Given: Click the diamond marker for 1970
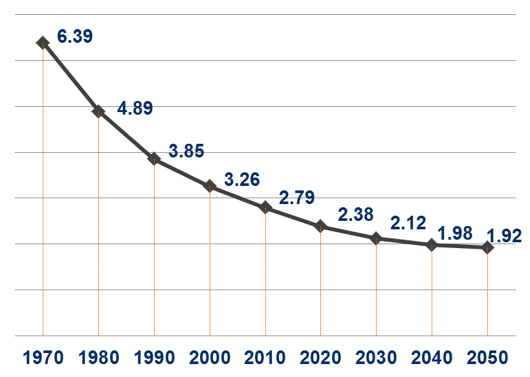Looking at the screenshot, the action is pos(43,43).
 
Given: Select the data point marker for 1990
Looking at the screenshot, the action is pos(154,159).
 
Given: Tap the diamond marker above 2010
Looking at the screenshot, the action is pos(265,207).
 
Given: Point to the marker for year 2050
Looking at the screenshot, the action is pos(487,247).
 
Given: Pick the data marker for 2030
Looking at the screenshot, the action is pos(376,238).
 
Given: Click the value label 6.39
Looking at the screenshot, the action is pos(74,36).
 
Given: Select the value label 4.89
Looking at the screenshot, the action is pos(135,108).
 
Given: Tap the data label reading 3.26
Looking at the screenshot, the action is pos(241,179).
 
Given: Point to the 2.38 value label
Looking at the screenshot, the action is pos(355,214).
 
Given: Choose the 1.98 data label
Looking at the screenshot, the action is pos(455,233).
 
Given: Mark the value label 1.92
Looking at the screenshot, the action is pos(504,236).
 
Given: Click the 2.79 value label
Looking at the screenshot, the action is pos(297,198).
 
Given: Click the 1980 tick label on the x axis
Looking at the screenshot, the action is pos(98,358).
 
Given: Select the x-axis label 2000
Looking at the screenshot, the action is pos(210,358).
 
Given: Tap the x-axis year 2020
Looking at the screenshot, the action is pos(320,358).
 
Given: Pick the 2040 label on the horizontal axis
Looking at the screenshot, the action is pos(432,358).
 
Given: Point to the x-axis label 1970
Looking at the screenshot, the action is pos(43,358).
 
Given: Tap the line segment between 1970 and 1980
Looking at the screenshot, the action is pos(71,77).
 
